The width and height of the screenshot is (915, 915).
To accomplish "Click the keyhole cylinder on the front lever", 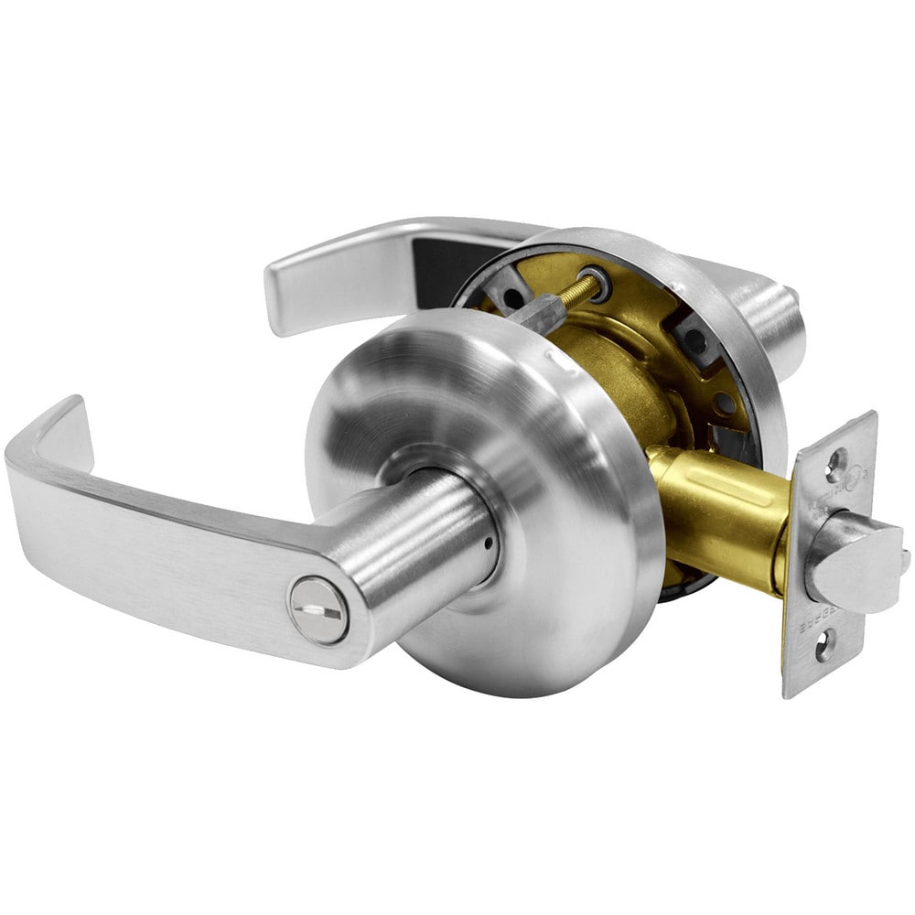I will [x=318, y=610].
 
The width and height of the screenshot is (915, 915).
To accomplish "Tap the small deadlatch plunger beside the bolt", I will [x=903, y=559].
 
